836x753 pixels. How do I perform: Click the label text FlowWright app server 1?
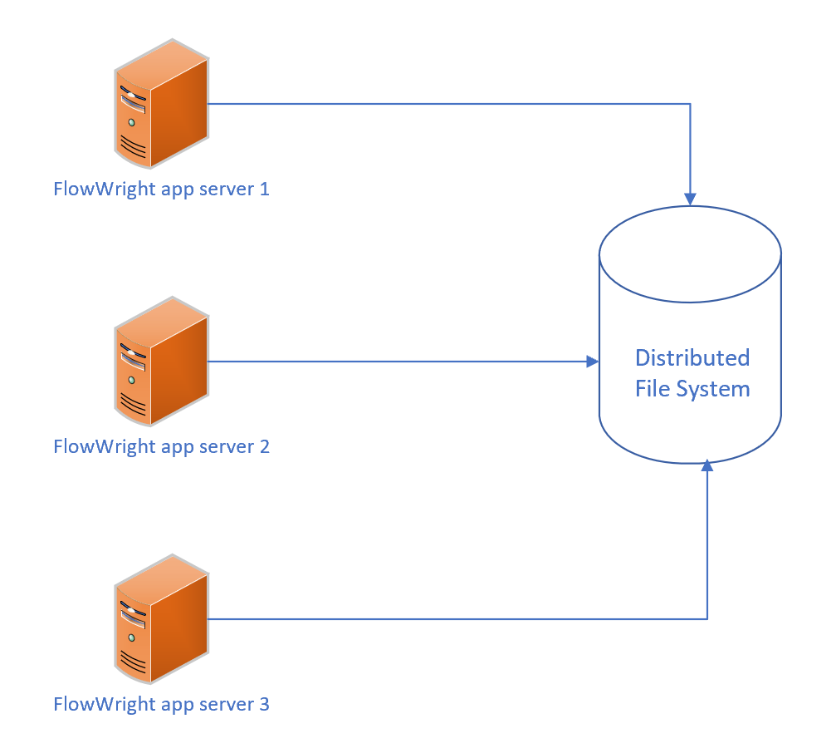[161, 189]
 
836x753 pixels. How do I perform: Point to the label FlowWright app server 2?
[161, 446]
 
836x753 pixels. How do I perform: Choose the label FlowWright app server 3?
[161, 704]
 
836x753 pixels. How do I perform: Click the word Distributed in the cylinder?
[692, 357]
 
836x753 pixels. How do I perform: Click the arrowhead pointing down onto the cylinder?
[690, 199]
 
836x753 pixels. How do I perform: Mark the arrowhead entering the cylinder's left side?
[592, 362]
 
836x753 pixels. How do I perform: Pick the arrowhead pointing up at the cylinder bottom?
[706, 466]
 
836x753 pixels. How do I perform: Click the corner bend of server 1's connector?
[690, 104]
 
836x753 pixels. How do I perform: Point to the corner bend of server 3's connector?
[706, 618]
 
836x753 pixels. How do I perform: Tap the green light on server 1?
[130, 122]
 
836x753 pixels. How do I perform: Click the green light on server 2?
[130, 380]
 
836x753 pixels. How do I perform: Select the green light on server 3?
[130, 637]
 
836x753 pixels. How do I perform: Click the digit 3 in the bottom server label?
[264, 704]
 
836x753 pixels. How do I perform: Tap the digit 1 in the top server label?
[265, 189]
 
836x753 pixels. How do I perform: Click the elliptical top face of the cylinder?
[690, 253]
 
